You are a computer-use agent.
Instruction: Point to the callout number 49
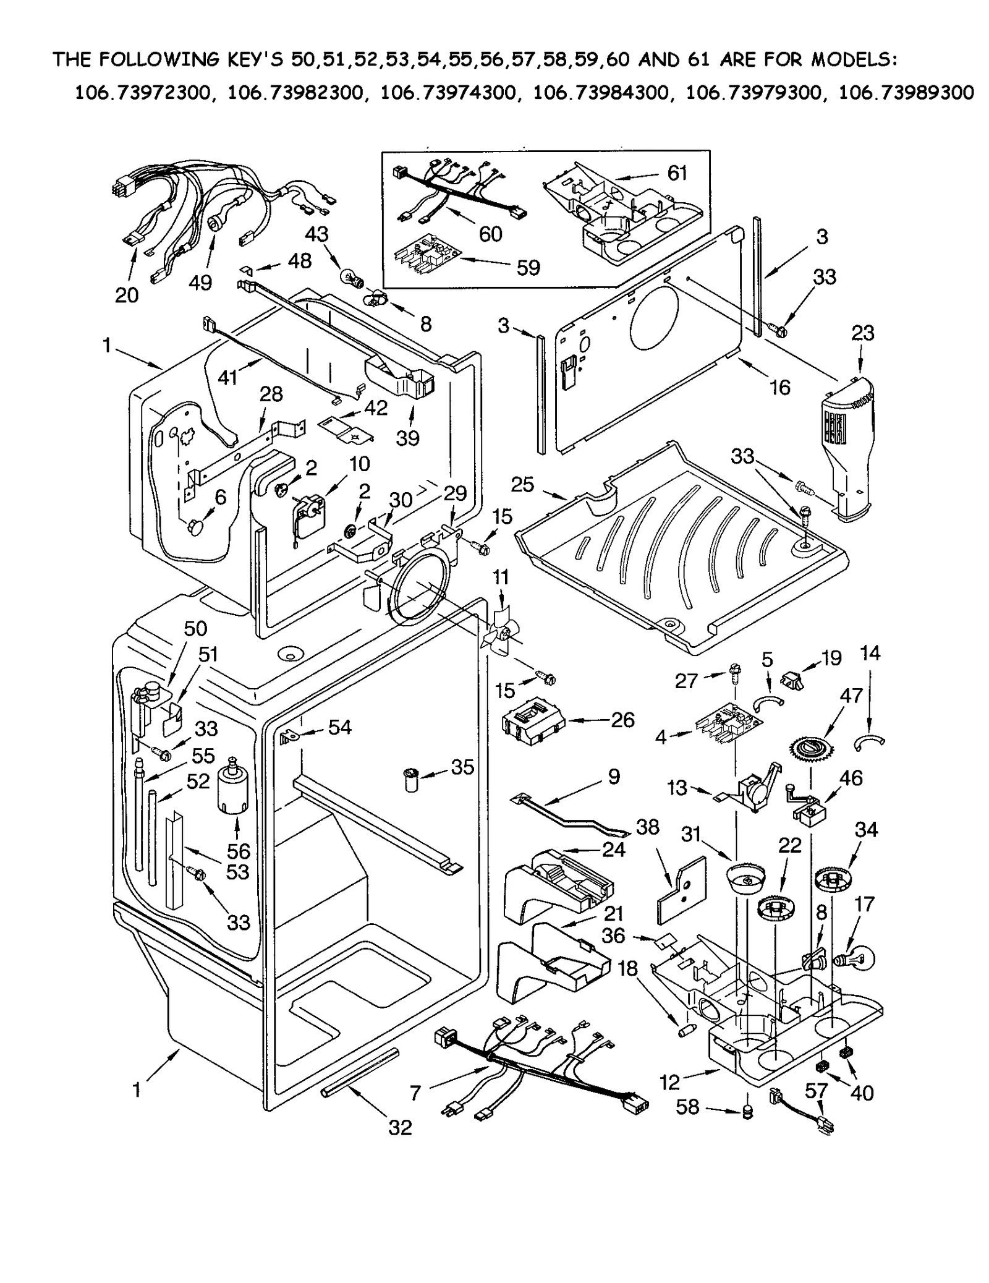tap(200, 283)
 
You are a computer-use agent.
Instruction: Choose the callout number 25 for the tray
tap(522, 484)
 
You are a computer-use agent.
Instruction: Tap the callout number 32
tap(400, 1128)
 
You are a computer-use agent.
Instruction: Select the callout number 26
tap(622, 719)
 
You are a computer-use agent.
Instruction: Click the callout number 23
tap(863, 333)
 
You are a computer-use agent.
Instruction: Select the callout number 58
tap(687, 1107)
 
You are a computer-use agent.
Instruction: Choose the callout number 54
tap(340, 728)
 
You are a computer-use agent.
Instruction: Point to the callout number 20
tap(127, 295)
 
